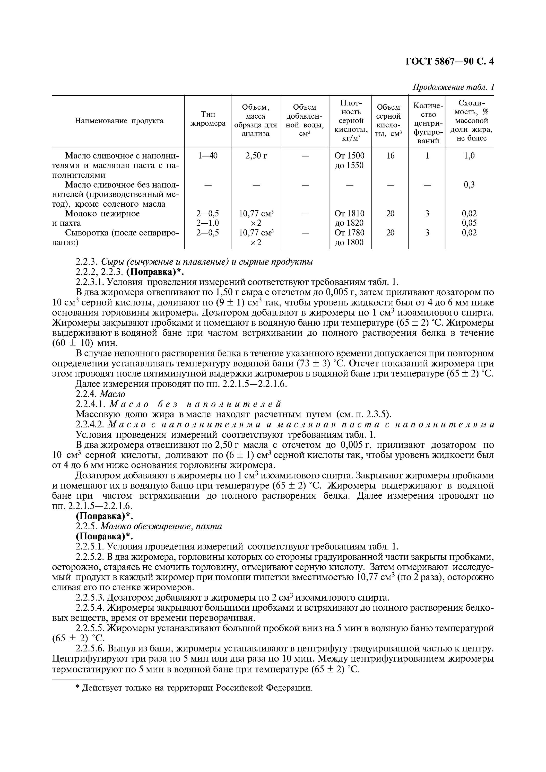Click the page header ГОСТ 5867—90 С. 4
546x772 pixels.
[449, 62]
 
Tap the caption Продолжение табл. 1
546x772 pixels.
[453, 87]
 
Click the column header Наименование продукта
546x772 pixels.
[119, 121]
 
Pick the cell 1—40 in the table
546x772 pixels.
[208, 156]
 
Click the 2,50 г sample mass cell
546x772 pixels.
[256, 156]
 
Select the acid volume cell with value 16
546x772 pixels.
[390, 156]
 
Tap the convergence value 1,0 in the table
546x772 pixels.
[469, 156]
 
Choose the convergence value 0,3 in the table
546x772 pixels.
[469, 185]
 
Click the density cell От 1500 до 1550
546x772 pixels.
[350, 160]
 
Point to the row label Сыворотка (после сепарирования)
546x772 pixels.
[116, 237]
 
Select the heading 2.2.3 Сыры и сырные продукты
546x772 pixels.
[194, 262]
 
